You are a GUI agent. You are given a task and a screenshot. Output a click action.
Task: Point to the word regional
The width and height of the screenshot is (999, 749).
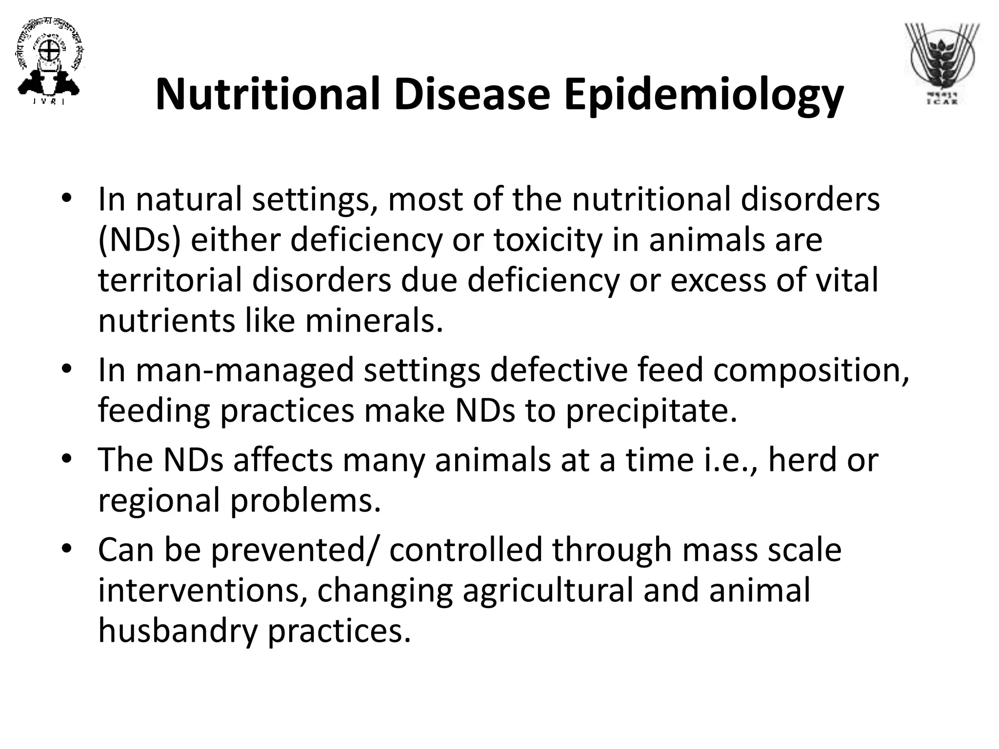[x=159, y=501]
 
